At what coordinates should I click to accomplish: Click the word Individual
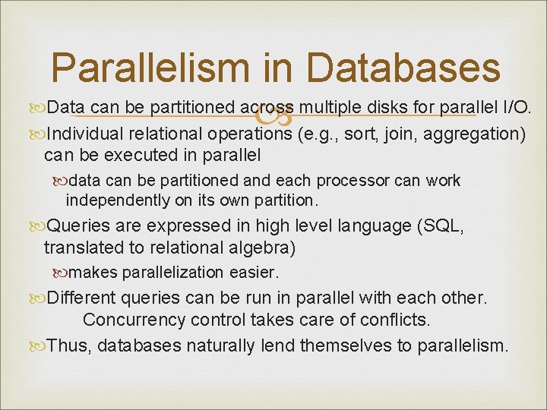pos(86,134)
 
